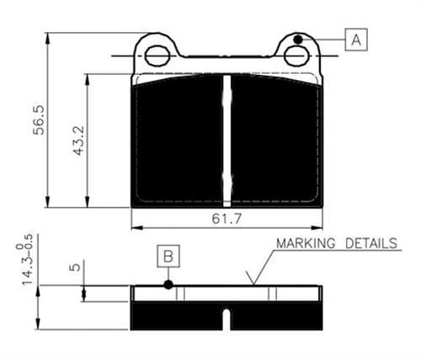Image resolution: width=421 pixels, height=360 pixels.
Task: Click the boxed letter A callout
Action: (356, 40)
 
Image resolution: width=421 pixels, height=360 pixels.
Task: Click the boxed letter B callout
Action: (168, 256)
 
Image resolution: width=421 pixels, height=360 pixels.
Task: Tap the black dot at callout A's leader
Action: (298, 40)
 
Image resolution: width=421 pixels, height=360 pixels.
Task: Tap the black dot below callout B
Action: (168, 285)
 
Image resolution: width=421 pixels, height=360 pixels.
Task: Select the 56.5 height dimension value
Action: (39, 119)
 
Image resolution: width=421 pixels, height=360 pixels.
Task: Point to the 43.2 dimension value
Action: (78, 140)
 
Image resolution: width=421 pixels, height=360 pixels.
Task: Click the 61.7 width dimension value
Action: (226, 219)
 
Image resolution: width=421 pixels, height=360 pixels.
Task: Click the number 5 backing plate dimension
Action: (75, 267)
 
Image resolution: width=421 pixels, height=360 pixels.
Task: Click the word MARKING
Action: (306, 243)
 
